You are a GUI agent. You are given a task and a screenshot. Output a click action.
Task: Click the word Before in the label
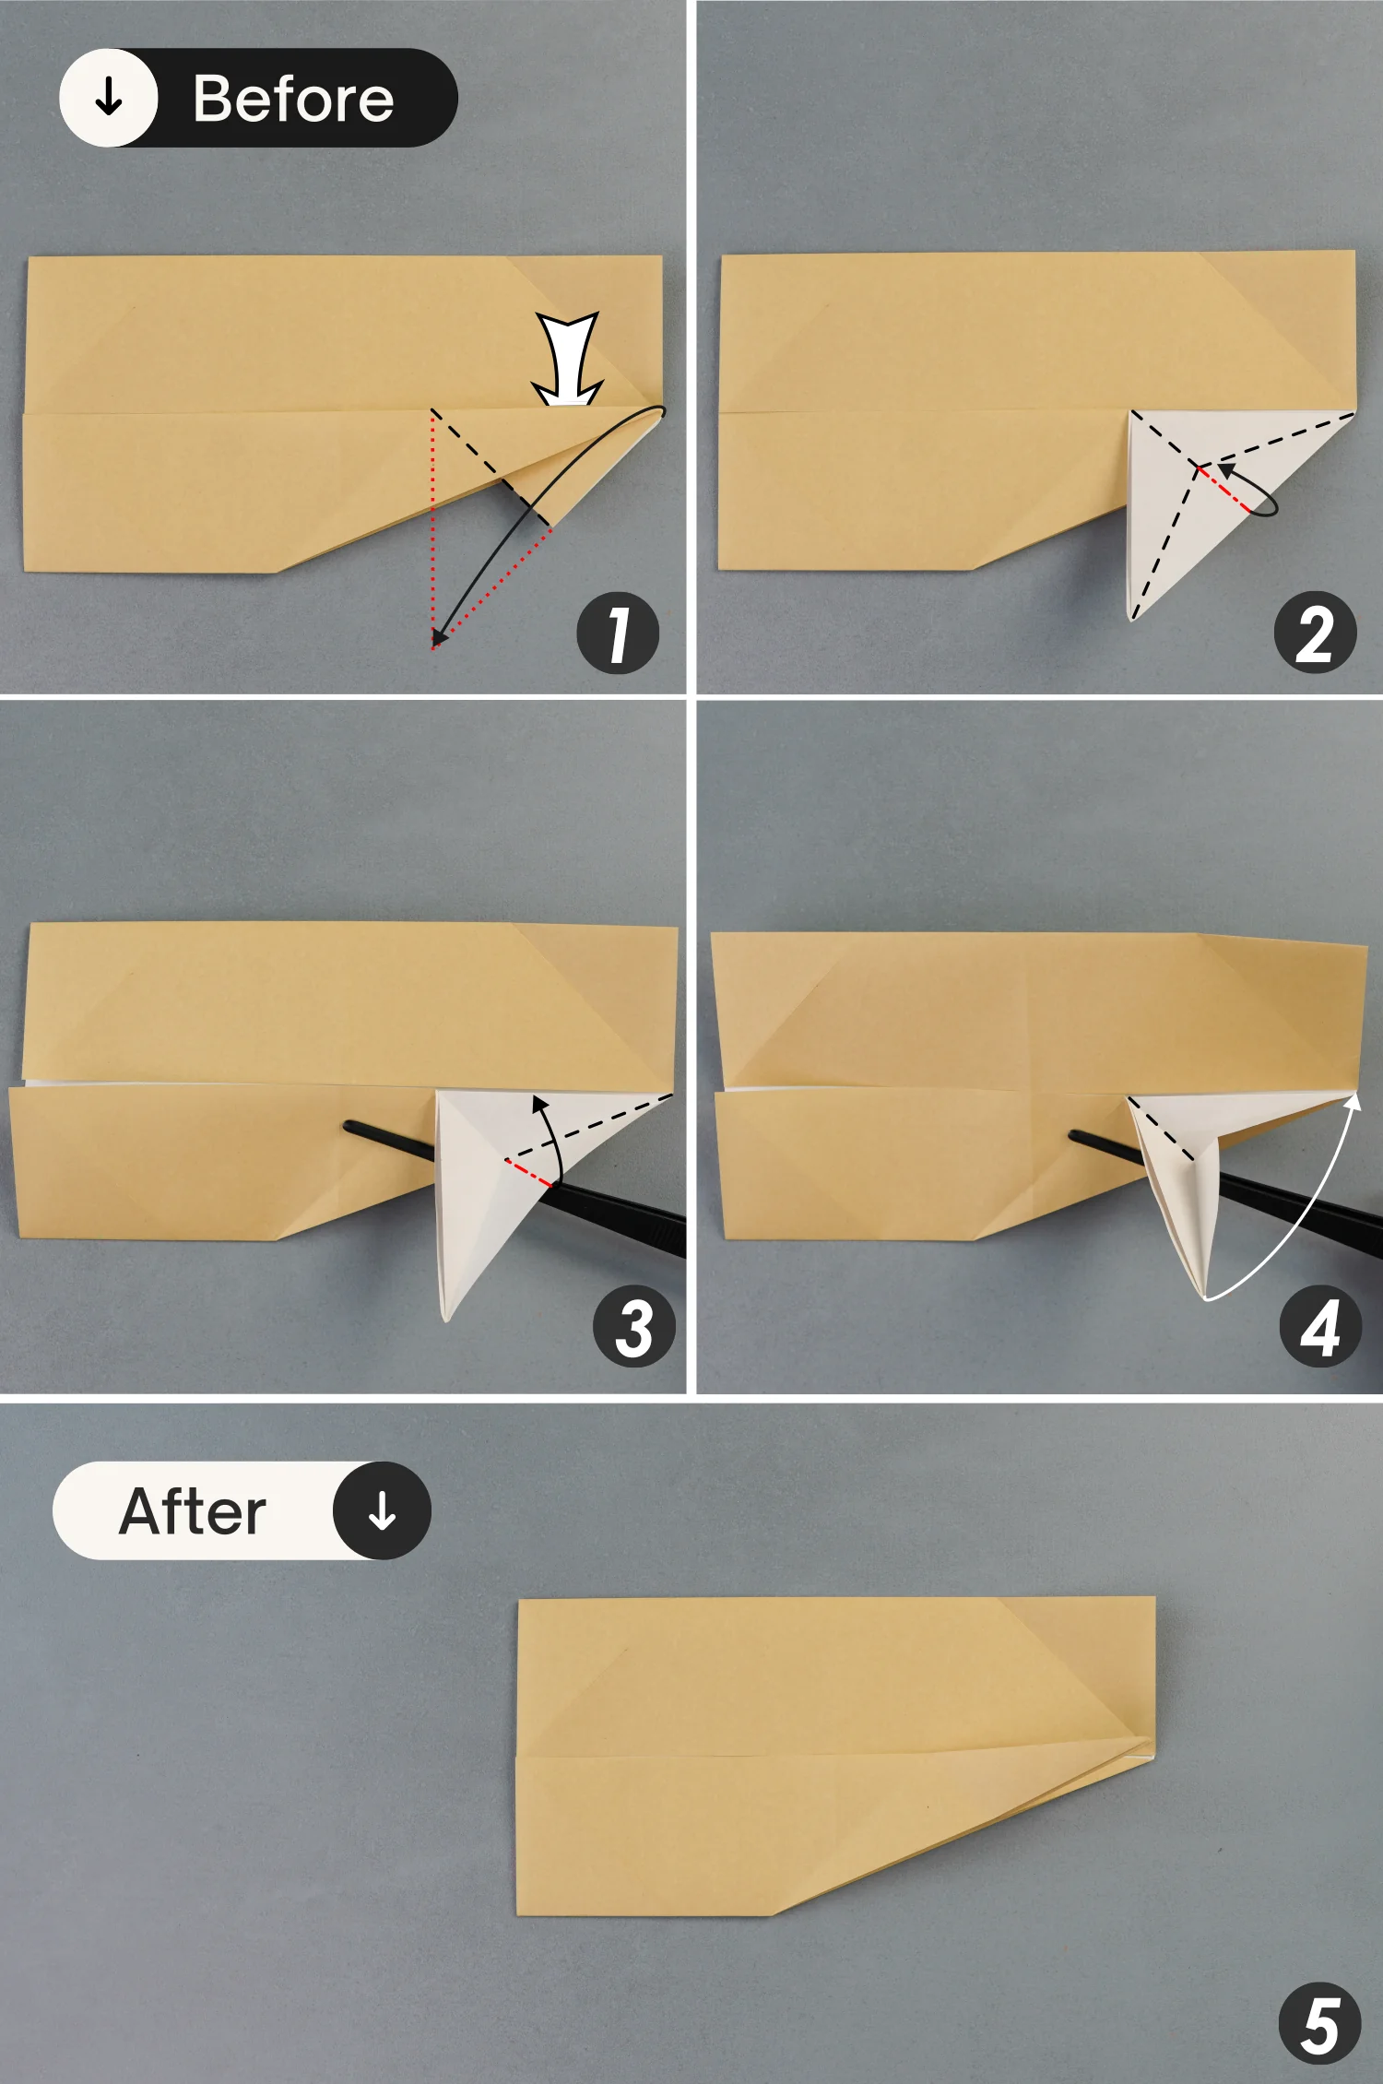[x=293, y=99]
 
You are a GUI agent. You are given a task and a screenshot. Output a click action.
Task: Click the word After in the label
[x=193, y=1511]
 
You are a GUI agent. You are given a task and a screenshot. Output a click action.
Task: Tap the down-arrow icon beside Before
[x=109, y=97]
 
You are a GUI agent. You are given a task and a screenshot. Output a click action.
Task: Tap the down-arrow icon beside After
[x=382, y=1511]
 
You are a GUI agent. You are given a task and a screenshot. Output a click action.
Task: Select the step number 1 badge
[x=618, y=633]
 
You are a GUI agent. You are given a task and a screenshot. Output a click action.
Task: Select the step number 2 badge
[x=1315, y=633]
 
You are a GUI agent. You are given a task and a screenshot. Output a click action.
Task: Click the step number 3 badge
[x=634, y=1327]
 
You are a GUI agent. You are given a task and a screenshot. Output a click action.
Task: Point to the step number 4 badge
[x=1320, y=1327]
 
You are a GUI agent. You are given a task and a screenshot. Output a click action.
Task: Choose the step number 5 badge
[x=1320, y=2025]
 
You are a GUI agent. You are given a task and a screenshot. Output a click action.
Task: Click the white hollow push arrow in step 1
[x=568, y=360]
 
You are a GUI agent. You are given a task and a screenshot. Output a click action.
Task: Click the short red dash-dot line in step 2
[x=1223, y=489]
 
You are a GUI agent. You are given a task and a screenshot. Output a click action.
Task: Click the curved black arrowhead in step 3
[x=540, y=1103]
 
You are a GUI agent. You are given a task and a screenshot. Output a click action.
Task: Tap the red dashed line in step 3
[x=527, y=1172]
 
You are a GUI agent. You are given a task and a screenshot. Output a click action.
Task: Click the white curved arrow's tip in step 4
[x=1354, y=1098]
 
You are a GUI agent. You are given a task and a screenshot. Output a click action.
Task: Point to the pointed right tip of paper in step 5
[x=1152, y=1742]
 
